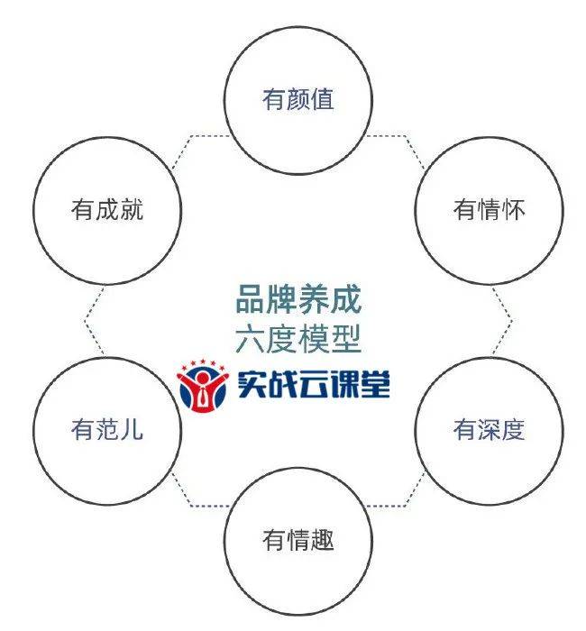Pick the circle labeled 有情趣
(x=298, y=540)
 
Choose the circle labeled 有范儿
(x=107, y=430)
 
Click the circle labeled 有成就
(x=107, y=210)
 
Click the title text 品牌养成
(x=298, y=298)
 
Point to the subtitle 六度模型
(x=298, y=340)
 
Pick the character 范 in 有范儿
(x=107, y=430)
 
